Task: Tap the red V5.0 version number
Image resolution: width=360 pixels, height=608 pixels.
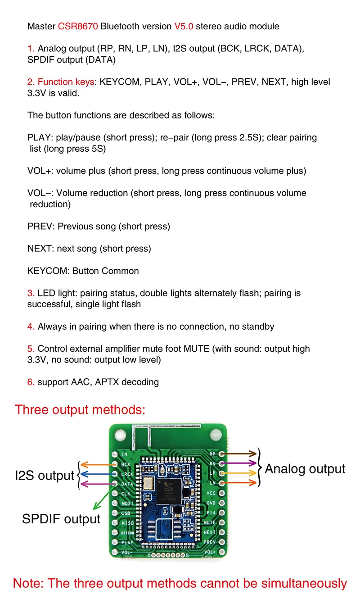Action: click(x=184, y=27)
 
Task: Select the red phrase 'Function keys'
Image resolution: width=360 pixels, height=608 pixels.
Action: click(x=66, y=82)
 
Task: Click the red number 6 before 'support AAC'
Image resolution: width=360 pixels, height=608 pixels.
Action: click(x=31, y=382)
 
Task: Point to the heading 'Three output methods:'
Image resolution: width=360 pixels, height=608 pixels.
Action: click(x=80, y=410)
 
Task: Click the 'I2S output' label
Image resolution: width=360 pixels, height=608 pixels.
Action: click(x=45, y=476)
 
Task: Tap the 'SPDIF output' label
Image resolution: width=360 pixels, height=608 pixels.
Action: click(x=61, y=519)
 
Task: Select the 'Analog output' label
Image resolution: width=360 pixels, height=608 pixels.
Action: click(x=305, y=469)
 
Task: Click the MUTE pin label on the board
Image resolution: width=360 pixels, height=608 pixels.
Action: click(x=210, y=523)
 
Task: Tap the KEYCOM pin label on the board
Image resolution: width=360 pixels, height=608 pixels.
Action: click(x=128, y=532)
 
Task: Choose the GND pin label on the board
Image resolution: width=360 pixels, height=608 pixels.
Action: click(x=211, y=503)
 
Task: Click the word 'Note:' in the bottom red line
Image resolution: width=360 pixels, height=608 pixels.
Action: click(x=28, y=583)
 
